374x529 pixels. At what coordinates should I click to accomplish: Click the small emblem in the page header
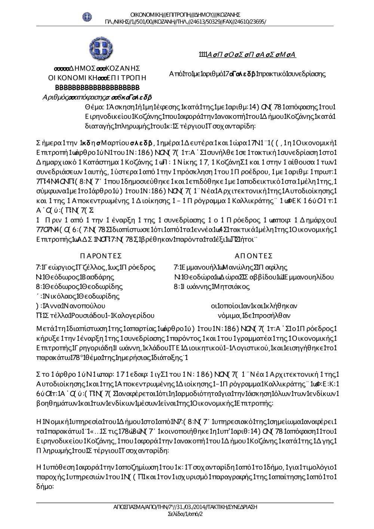[x=87, y=16]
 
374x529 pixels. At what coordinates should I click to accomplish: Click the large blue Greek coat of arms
[x=99, y=49]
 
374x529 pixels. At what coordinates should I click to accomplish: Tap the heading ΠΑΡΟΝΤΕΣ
[x=101, y=256]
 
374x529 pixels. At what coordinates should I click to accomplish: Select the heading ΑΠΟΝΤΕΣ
[x=254, y=256]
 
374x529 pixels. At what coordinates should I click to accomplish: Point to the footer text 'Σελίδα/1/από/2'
[x=186, y=514]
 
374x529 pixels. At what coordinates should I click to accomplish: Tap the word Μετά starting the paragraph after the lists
[x=45, y=329]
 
